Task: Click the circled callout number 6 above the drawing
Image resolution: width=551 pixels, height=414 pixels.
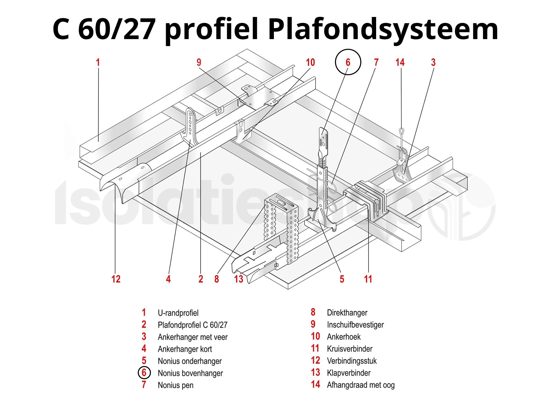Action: [348, 62]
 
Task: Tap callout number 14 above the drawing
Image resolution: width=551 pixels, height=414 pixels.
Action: [400, 63]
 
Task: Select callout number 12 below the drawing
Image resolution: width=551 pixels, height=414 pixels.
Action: [116, 279]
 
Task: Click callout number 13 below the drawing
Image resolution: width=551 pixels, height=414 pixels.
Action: [239, 279]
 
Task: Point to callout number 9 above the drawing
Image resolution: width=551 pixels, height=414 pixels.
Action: [199, 63]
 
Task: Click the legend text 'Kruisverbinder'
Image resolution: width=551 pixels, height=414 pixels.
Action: [349, 349]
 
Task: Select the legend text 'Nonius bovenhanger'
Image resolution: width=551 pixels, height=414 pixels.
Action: [190, 373]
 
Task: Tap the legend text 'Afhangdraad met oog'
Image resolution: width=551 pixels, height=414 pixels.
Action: [361, 385]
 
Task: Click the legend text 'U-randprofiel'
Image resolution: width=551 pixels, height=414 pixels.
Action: [178, 313]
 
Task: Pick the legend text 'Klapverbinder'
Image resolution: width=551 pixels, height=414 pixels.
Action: [349, 373]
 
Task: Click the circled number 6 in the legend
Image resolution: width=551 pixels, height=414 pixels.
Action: [144, 373]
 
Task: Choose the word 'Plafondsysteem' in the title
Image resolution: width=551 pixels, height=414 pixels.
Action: [383, 29]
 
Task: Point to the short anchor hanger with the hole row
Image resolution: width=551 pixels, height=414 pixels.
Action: [190, 124]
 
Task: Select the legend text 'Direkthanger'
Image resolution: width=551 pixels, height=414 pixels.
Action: [347, 313]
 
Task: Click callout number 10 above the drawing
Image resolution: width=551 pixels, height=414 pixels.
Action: [310, 63]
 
